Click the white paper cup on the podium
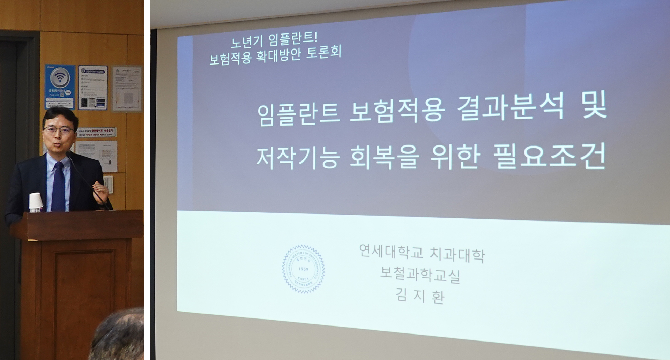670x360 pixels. pos(35,202)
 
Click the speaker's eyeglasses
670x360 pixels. pos(58,130)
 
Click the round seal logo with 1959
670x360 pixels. pos(303,269)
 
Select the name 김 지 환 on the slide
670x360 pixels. pos(420,296)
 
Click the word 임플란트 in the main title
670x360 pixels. pos(298,114)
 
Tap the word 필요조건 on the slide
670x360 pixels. pos(549,157)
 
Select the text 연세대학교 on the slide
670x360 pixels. pos(391,251)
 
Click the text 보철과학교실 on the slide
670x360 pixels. pos(420,275)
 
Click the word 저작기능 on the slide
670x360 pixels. pos(298,158)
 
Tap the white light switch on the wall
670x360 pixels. pos(108,184)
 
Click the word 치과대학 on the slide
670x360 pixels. pos(457,254)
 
